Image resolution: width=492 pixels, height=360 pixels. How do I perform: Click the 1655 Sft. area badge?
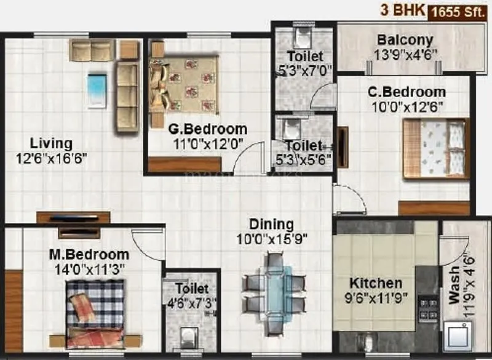(458, 11)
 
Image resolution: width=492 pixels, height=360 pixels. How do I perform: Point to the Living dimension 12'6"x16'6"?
(52, 158)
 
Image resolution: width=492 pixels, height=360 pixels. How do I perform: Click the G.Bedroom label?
(208, 130)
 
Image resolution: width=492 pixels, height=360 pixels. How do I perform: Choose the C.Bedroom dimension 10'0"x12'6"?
(406, 105)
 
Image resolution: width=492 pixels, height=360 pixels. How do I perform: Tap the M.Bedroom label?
(90, 254)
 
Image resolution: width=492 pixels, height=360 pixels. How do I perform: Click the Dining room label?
(271, 224)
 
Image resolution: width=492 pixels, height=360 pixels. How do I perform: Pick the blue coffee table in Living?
(97, 91)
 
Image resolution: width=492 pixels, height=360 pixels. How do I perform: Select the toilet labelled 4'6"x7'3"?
(191, 289)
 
